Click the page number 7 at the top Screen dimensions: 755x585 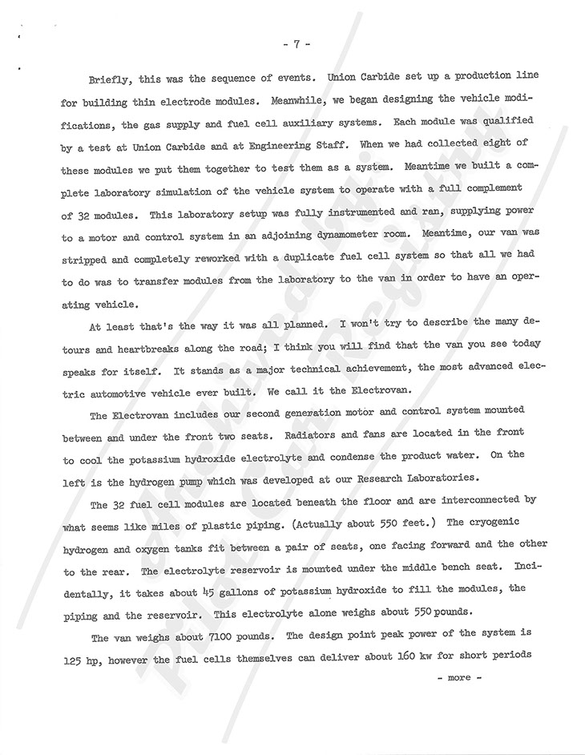coord(295,44)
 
